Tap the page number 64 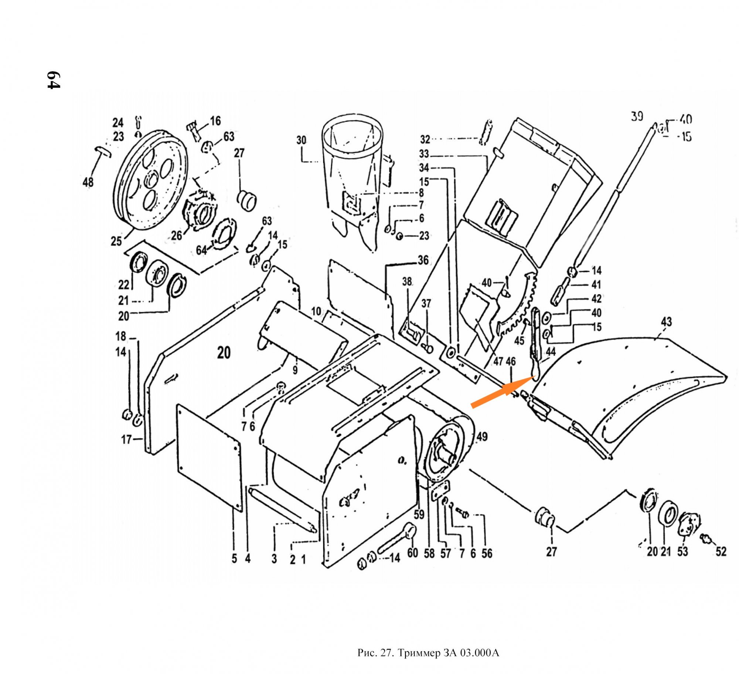pos(53,80)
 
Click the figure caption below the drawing pos(428,653)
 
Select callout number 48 pos(88,182)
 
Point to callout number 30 pos(301,140)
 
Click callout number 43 pos(666,321)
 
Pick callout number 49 pos(482,437)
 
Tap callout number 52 pos(721,552)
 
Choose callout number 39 pos(637,117)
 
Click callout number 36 pos(423,260)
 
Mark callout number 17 pos(126,439)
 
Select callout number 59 pos(419,514)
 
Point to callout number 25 pos(116,241)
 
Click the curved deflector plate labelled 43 pos(628,384)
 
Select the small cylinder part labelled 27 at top pos(247,201)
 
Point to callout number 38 pos(407,282)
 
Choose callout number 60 pos(412,553)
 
